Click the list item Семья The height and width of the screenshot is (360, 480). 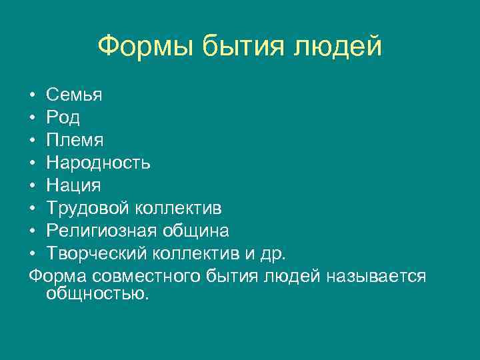coord(74,95)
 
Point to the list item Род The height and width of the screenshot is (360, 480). coord(63,117)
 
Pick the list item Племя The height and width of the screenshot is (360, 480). coord(75,140)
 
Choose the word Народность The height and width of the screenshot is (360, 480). coord(99,163)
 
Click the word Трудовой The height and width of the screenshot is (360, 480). coord(89,208)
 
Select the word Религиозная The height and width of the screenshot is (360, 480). coord(101,231)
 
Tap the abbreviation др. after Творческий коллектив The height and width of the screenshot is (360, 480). coord(275,253)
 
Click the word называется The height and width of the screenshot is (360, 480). coord(376,276)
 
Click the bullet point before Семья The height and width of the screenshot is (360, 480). coord(33,95)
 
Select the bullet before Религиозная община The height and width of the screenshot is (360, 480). coord(33,231)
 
